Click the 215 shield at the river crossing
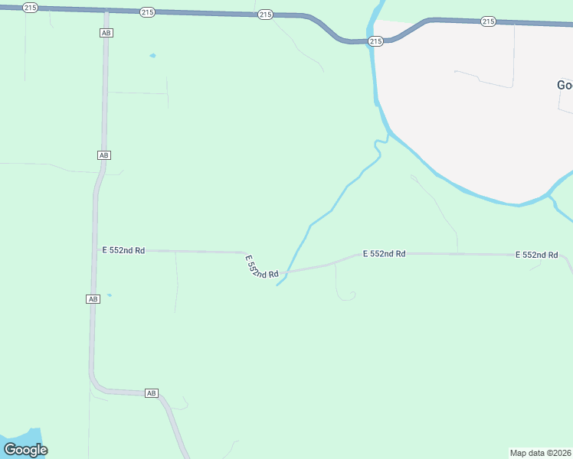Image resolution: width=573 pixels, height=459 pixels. click(375, 41)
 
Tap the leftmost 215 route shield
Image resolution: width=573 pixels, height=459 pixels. click(30, 7)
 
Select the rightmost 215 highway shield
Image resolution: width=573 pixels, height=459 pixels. click(488, 21)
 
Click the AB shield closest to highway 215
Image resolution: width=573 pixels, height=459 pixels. click(106, 33)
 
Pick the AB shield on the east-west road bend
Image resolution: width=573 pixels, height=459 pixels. click(151, 393)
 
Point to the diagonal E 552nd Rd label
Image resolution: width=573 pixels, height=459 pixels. click(261, 267)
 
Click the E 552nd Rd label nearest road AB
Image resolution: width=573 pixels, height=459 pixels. click(123, 249)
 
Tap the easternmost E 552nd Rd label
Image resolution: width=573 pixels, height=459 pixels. click(536, 255)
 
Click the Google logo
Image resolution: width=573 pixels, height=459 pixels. click(25, 450)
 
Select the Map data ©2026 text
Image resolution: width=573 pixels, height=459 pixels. click(540, 453)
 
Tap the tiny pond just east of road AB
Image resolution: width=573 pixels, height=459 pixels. click(110, 295)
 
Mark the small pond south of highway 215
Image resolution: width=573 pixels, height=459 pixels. click(152, 56)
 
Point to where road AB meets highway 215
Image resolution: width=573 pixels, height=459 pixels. click(106, 11)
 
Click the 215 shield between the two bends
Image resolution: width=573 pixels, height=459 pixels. click(265, 15)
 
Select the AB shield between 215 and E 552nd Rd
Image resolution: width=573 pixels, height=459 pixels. click(104, 155)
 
